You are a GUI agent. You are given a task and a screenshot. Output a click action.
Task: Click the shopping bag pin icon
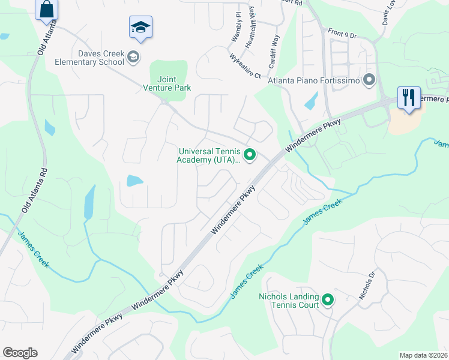tap(46, 10)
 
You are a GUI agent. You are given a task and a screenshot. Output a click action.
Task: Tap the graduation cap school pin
tap(140, 28)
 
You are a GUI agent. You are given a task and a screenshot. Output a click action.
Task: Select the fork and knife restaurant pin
tap(409, 98)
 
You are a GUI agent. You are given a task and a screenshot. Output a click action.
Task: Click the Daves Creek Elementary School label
tap(89, 58)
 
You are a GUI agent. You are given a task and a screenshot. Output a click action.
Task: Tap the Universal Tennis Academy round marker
tap(251, 155)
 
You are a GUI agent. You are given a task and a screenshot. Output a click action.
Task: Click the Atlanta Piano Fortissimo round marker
tap(369, 80)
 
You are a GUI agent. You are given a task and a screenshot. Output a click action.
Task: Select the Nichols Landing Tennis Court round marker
tap(328, 299)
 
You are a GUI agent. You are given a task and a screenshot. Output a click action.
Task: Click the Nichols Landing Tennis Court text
tap(288, 301)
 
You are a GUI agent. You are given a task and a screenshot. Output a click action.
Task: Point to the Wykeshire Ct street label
tap(245, 66)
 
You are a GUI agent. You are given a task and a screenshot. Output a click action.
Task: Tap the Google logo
tap(20, 353)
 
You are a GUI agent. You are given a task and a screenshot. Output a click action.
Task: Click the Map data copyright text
tap(424, 355)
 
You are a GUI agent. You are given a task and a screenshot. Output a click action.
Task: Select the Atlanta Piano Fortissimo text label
tap(313, 80)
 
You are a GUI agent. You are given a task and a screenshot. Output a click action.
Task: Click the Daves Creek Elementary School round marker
tap(133, 57)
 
